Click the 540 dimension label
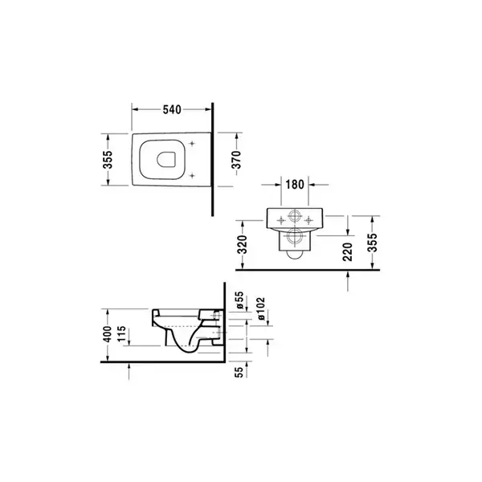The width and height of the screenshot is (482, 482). click(x=172, y=109)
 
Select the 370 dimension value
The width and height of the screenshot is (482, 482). click(x=237, y=160)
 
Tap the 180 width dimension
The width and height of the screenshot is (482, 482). click(x=295, y=185)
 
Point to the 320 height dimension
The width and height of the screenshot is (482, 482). click(x=243, y=244)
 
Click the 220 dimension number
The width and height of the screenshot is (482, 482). click(x=347, y=251)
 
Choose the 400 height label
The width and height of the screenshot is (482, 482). click(x=108, y=334)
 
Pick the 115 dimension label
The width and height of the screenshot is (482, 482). click(x=122, y=333)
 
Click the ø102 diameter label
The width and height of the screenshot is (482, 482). click(x=260, y=308)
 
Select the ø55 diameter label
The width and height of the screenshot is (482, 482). click(x=239, y=300)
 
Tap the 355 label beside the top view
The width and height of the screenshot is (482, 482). click(x=108, y=160)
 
